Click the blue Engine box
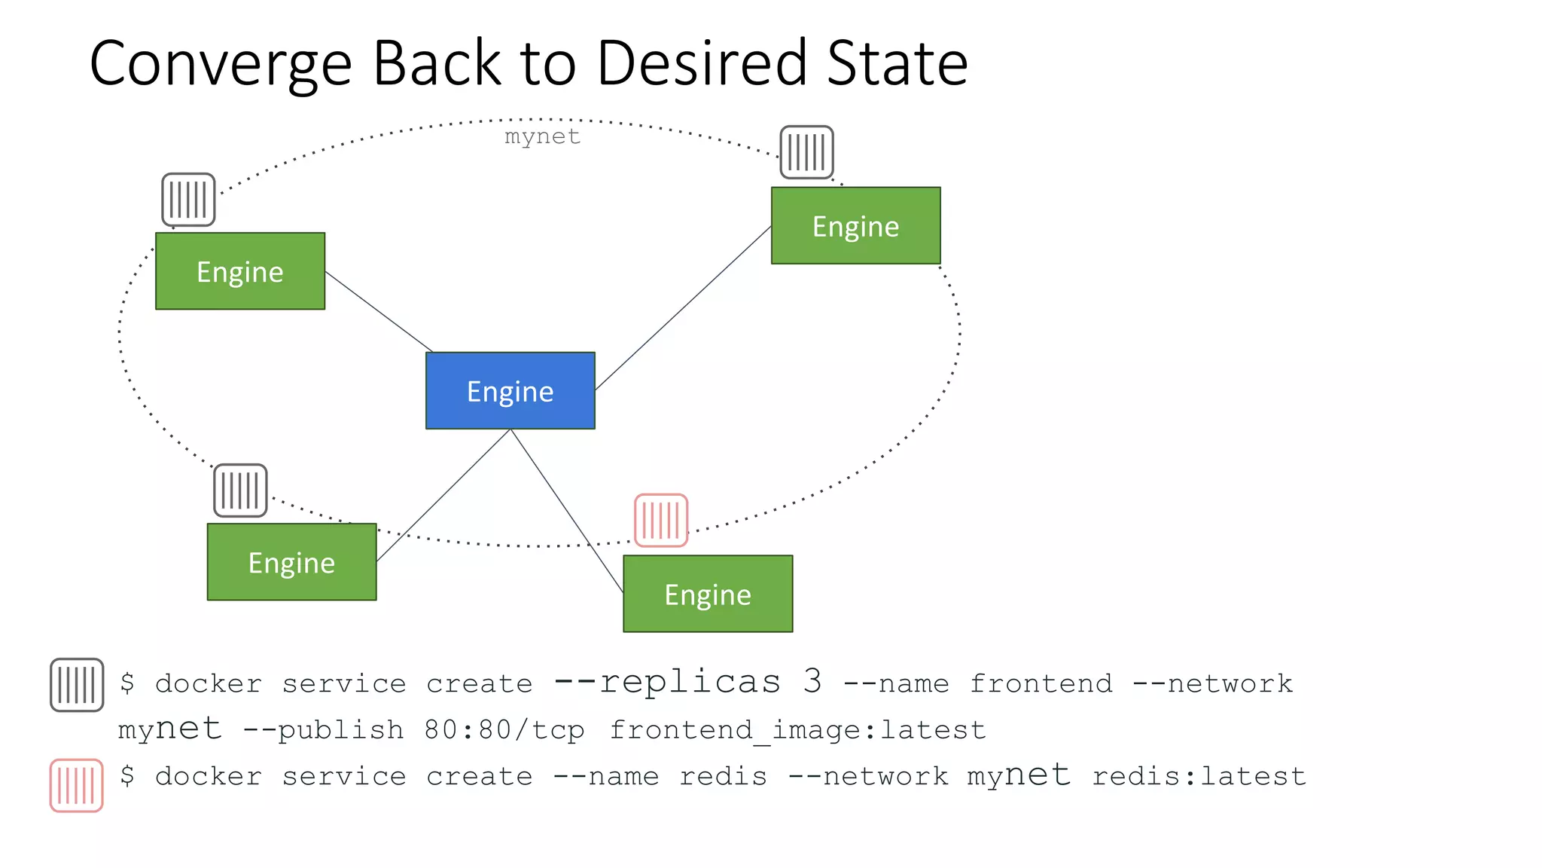(x=510, y=390)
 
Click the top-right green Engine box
(x=855, y=225)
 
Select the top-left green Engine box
(x=239, y=270)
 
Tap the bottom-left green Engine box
(x=291, y=561)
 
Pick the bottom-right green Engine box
(x=707, y=594)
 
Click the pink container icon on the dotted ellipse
(x=661, y=520)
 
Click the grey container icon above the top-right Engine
(x=806, y=152)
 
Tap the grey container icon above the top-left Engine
(x=188, y=200)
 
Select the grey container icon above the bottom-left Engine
(x=240, y=491)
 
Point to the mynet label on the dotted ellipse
(x=542, y=136)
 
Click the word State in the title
(x=897, y=63)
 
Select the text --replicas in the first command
(x=667, y=681)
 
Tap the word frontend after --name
(x=1041, y=683)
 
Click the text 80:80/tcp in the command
(x=504, y=729)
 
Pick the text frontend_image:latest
(x=797, y=729)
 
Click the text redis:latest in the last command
(x=1199, y=776)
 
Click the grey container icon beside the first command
(x=77, y=685)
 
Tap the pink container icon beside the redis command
(x=76, y=785)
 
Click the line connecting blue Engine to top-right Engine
(x=683, y=307)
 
